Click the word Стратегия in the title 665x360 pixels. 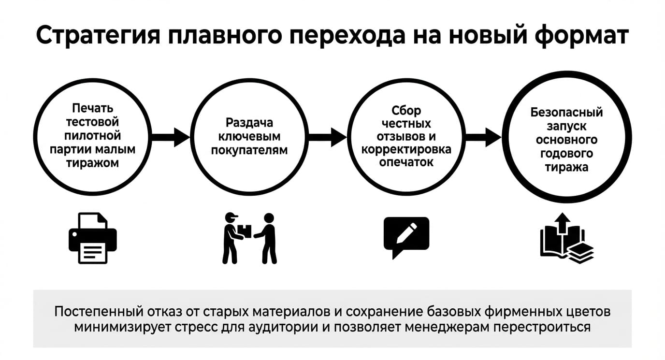tap(98, 36)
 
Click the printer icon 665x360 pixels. tap(93, 238)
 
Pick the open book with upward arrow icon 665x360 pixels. tap(567, 238)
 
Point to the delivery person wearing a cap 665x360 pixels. tap(232, 238)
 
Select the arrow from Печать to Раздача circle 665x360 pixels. tap(171, 137)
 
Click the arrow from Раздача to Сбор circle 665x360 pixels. tap(328, 137)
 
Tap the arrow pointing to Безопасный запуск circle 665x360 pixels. tap(483, 137)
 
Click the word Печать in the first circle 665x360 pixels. tap(93, 108)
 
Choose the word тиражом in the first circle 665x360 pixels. tap(93, 163)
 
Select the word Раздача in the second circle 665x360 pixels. tap(249, 123)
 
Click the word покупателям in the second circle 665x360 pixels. tap(249, 150)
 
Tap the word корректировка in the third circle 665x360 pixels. tap(406, 149)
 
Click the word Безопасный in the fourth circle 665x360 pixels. tap(567, 113)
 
